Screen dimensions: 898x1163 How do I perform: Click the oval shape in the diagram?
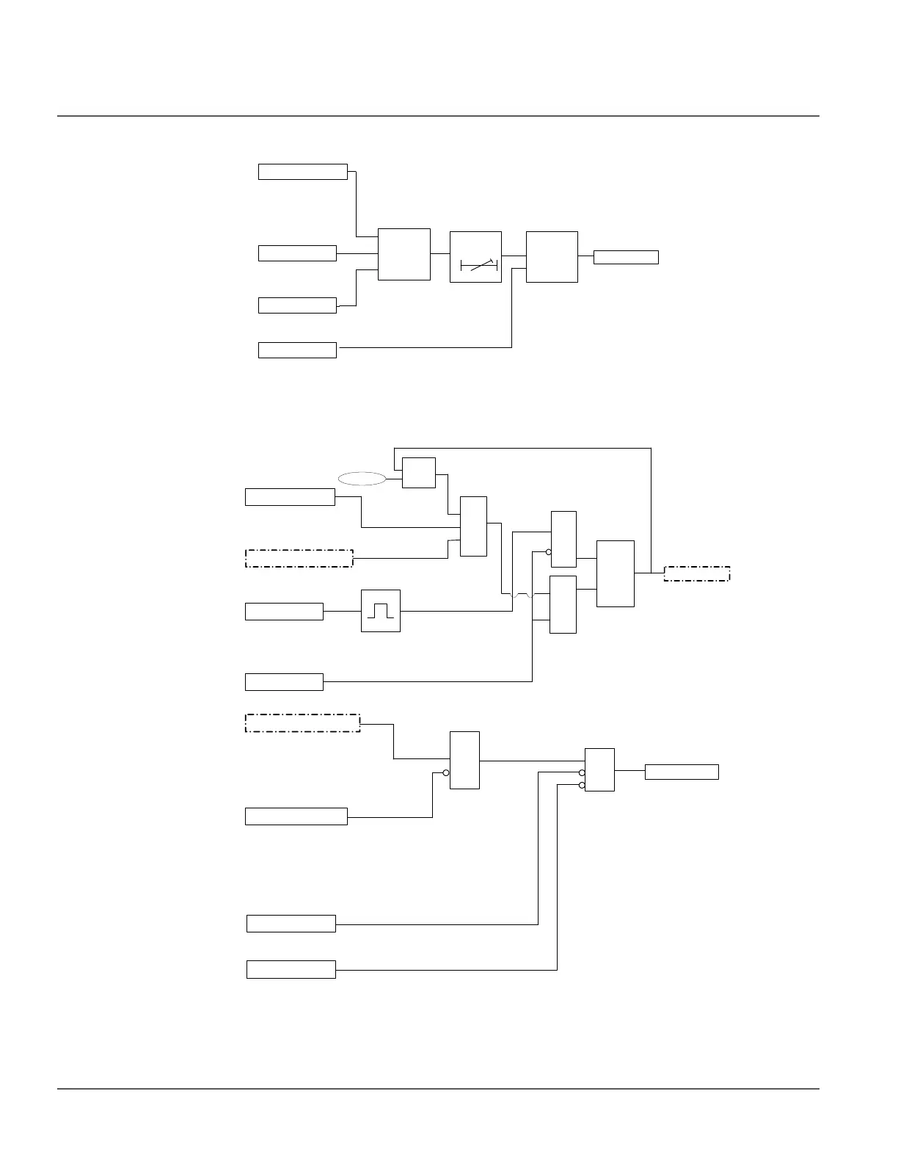pyautogui.click(x=362, y=479)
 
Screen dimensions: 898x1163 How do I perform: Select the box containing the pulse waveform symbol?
pyautogui.click(x=381, y=611)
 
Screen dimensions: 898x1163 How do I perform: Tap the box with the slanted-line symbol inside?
pyautogui.click(x=475, y=256)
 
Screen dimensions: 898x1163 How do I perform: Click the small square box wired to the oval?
pyautogui.click(x=419, y=473)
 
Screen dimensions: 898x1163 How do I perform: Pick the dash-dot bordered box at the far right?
pyautogui.click(x=697, y=573)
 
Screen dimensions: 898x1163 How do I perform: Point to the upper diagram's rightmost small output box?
pyautogui.click(x=626, y=257)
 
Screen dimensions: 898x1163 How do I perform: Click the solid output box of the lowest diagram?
pyautogui.click(x=682, y=772)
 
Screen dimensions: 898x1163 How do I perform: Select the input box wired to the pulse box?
pyautogui.click(x=284, y=611)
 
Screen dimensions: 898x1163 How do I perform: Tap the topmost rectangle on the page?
pyautogui.click(x=302, y=172)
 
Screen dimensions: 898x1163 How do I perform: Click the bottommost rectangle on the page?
pyautogui.click(x=291, y=969)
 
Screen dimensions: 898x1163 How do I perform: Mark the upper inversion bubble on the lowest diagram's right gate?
pyautogui.click(x=582, y=772)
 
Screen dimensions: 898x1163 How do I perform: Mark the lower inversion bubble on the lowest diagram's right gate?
pyautogui.click(x=582, y=785)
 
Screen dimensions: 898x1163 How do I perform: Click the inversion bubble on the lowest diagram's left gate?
pyautogui.click(x=446, y=772)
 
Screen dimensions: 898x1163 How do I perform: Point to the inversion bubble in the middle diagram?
pyautogui.click(x=549, y=551)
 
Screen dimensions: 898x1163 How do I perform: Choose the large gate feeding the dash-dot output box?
pyautogui.click(x=616, y=573)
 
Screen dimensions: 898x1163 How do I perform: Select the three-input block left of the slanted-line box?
pyautogui.click(x=404, y=254)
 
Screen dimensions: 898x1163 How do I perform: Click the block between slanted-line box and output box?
pyautogui.click(x=552, y=256)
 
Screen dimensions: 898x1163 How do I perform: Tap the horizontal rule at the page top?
pyautogui.click(x=438, y=116)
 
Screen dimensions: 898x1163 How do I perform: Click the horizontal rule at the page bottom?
pyautogui.click(x=438, y=1088)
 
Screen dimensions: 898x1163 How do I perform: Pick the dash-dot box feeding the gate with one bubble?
pyautogui.click(x=302, y=722)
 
